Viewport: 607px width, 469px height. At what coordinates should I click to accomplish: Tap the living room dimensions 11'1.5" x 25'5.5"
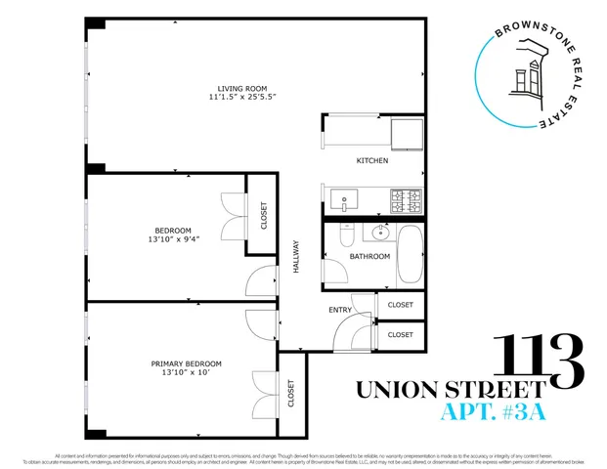[241, 98]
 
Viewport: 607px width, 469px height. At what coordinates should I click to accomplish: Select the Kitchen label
[371, 160]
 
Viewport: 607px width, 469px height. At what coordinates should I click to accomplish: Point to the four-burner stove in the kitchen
[407, 201]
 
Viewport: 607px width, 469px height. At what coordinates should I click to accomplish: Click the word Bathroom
[370, 257]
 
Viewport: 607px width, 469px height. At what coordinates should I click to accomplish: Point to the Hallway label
[296, 256]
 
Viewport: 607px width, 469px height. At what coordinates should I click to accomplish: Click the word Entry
[340, 310]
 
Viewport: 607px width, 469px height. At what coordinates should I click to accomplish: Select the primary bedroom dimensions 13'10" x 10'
[181, 373]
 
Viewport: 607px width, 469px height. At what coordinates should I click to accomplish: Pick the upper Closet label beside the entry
[400, 305]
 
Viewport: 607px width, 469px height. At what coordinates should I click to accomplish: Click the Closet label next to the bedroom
[263, 216]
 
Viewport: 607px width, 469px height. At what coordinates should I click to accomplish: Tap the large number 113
[540, 360]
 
